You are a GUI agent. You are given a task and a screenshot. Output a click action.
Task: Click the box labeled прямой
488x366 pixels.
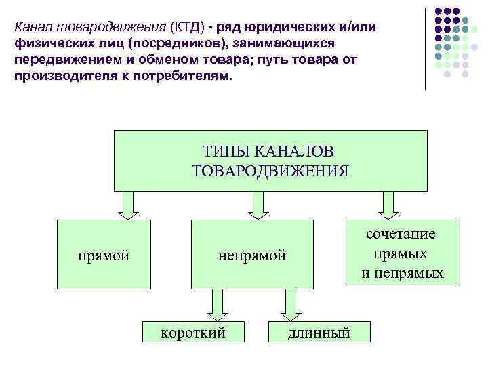pyautogui.click(x=104, y=255)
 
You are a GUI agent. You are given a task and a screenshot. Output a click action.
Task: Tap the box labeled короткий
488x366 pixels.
pyautogui.click(x=192, y=332)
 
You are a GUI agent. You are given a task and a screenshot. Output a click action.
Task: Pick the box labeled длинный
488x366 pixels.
pyautogui.click(x=319, y=332)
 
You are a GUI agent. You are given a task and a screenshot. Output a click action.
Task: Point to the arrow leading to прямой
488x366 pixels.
pyautogui.click(x=128, y=205)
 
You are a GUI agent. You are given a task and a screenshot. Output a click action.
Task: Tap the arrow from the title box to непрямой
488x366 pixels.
pyautogui.click(x=256, y=205)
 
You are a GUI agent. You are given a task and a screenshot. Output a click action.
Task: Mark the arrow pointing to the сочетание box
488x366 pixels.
pyautogui.click(x=388, y=205)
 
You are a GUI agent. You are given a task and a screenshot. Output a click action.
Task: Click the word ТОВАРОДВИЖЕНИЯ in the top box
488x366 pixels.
pyautogui.click(x=270, y=170)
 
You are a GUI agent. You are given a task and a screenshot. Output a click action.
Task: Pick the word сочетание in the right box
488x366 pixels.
pyautogui.click(x=401, y=234)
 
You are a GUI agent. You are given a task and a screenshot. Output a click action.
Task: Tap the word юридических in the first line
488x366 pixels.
pyautogui.click(x=290, y=26)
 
